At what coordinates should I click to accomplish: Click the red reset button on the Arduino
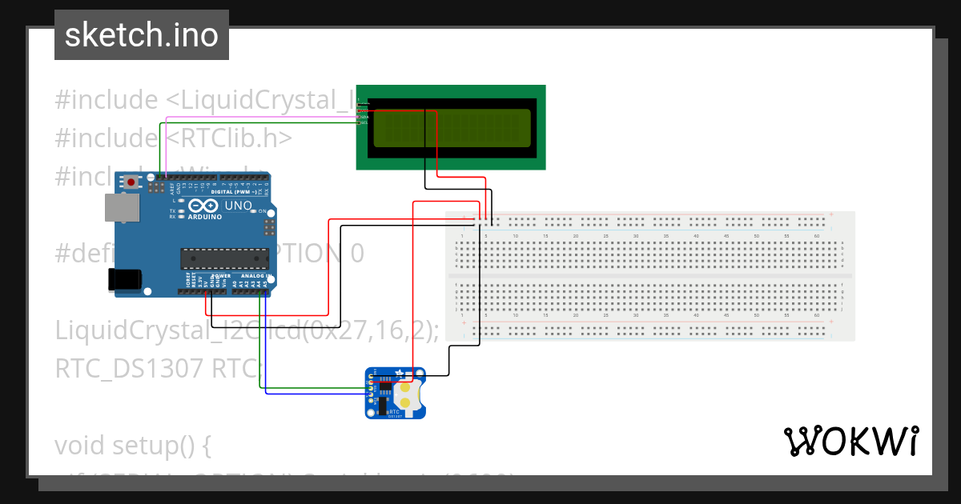(131, 182)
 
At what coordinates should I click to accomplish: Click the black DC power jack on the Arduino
(125, 279)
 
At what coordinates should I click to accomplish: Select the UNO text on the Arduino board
(238, 206)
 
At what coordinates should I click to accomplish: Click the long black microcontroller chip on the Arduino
(224, 258)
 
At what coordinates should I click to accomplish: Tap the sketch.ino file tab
(142, 35)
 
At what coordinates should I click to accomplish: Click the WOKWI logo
(850, 441)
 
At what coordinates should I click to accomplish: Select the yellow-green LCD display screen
(452, 128)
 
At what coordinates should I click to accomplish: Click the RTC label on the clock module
(394, 410)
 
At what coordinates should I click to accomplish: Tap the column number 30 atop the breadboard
(636, 237)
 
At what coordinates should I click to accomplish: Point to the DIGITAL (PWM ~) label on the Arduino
(233, 193)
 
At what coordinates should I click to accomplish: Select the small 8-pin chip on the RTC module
(384, 390)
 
